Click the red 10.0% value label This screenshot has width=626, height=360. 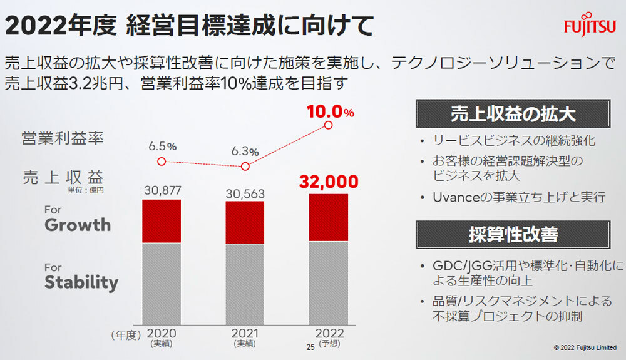pyautogui.click(x=330, y=112)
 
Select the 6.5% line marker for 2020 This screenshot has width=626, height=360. pyautogui.click(x=162, y=161)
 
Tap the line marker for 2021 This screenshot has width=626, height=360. pyautogui.click(x=245, y=167)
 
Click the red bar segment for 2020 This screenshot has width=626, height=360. pyautogui.click(x=162, y=221)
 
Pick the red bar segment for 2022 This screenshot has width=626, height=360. pyautogui.click(x=329, y=217)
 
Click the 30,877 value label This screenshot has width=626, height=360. pyautogui.click(x=162, y=190)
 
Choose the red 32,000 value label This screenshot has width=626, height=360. pyautogui.click(x=329, y=182)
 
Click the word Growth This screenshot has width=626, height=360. pyautogui.click(x=78, y=225)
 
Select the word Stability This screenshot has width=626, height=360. pyautogui.click(x=81, y=282)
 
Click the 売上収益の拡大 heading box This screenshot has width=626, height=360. pyautogui.click(x=513, y=115)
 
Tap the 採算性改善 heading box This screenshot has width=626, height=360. pyautogui.click(x=513, y=234)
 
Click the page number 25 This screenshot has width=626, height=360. pyautogui.click(x=308, y=347)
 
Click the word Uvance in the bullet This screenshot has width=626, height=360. pyautogui.click(x=452, y=197)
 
